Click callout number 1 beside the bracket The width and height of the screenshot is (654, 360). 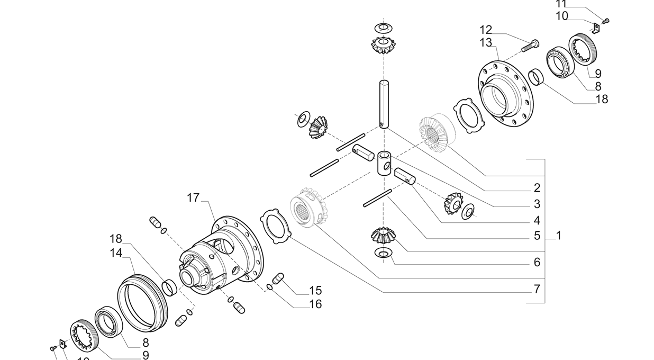(x=558, y=236)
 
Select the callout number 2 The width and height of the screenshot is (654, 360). (x=537, y=188)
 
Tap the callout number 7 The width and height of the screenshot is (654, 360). (x=537, y=289)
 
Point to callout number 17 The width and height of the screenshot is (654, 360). (x=193, y=198)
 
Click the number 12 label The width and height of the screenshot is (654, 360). (x=486, y=30)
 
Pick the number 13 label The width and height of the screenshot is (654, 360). (x=486, y=43)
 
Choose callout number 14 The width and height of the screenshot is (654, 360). (x=116, y=253)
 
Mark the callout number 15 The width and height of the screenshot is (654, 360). (x=315, y=291)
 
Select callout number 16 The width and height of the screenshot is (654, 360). (x=315, y=304)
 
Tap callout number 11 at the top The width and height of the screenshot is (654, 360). (x=561, y=4)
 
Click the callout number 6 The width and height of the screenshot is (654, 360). (x=537, y=262)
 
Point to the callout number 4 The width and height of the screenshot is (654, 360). (x=537, y=220)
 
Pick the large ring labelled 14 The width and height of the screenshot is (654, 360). (x=142, y=302)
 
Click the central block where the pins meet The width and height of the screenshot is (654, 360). (x=385, y=163)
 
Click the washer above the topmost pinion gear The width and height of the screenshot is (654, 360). (x=382, y=27)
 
